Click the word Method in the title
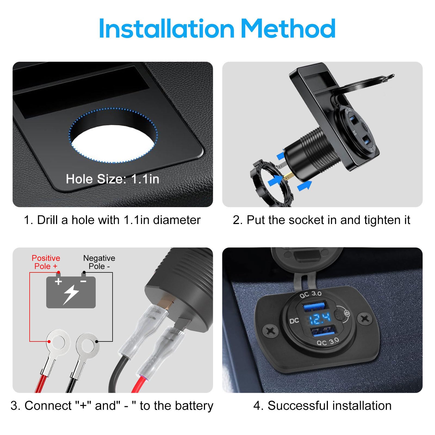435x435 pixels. [x=288, y=29]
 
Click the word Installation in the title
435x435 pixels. [x=166, y=29]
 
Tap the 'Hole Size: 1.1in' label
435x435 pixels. [x=112, y=179]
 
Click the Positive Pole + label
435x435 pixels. [x=46, y=262]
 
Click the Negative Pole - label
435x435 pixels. [x=99, y=262]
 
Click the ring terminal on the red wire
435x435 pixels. [x=58, y=341]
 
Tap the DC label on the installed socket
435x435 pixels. [x=294, y=321]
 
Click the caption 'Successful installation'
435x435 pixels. [x=322, y=406]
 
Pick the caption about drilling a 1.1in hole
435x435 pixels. [x=112, y=220]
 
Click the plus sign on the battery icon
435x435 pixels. [x=58, y=281]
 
